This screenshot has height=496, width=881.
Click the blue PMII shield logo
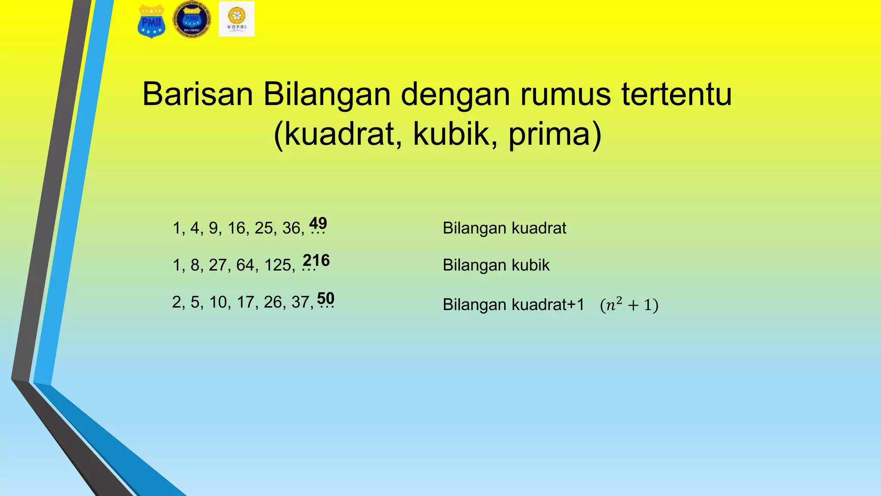pos(151,22)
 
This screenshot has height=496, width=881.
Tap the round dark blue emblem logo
pos(192,20)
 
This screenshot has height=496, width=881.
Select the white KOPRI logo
pos(237,19)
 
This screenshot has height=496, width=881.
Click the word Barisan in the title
pos(197,94)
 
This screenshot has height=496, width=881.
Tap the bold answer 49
pos(318,223)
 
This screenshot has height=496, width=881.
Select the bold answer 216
pos(316,260)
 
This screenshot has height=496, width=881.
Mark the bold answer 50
pos(326,298)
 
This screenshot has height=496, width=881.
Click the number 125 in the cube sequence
pos(278,265)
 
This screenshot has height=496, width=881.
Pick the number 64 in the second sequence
pos(245,265)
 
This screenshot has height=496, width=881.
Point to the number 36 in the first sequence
pos(291,228)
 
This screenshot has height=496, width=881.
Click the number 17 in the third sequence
pos(245,302)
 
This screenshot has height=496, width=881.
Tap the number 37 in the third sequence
pos(300,302)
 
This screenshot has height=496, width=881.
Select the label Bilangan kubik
pos(496,265)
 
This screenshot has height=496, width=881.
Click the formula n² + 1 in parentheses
pos(629,305)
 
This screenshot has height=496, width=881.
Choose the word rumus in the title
pos(566,94)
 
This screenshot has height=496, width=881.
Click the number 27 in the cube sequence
pos(218,265)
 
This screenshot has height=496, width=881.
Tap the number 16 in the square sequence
pos(236,228)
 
